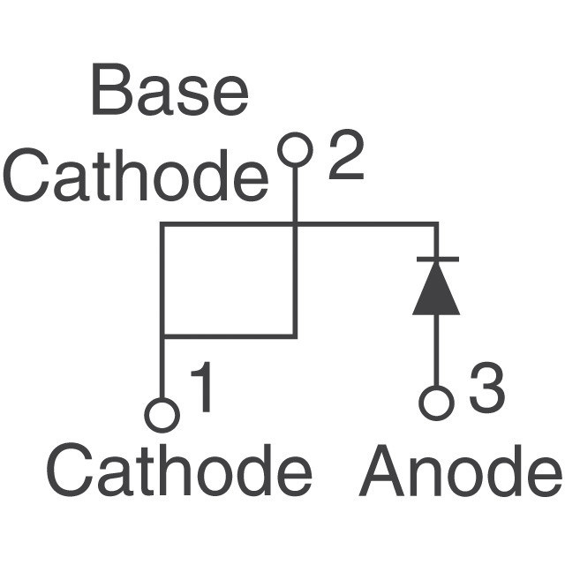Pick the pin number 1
pos(203,390)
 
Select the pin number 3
pos(486,390)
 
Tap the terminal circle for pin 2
pos(295,149)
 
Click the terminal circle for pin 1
pos(162,415)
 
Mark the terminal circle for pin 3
pos(436,403)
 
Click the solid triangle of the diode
pos(436,293)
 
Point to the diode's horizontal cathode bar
pos(436,259)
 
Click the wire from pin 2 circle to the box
pos(295,194)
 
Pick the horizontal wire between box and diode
pos(365,225)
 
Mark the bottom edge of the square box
pos(229,336)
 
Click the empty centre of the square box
pos(229,281)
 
